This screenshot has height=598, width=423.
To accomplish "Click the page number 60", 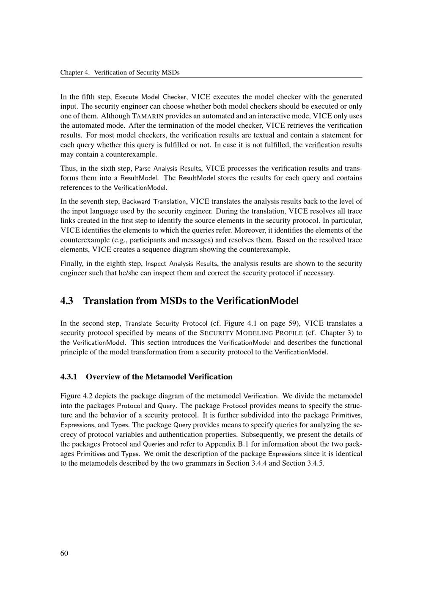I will tap(64, 554).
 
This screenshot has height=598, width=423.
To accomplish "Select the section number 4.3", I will tap(67, 301).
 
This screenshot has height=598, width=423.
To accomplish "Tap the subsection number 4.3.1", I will tap(70, 376).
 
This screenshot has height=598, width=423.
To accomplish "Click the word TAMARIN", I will tap(148, 116).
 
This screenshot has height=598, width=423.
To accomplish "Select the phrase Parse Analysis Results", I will tap(168, 168).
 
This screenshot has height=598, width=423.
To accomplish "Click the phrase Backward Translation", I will tap(154, 201).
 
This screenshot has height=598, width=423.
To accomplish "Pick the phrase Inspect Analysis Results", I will tap(182, 263).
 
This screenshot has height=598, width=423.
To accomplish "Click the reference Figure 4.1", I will tap(240, 324).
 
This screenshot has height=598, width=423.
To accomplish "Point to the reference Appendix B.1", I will tap(223, 444).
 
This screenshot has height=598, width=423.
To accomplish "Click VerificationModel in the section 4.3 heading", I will tap(257, 301).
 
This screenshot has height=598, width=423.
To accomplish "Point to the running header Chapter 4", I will tap(75, 72).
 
